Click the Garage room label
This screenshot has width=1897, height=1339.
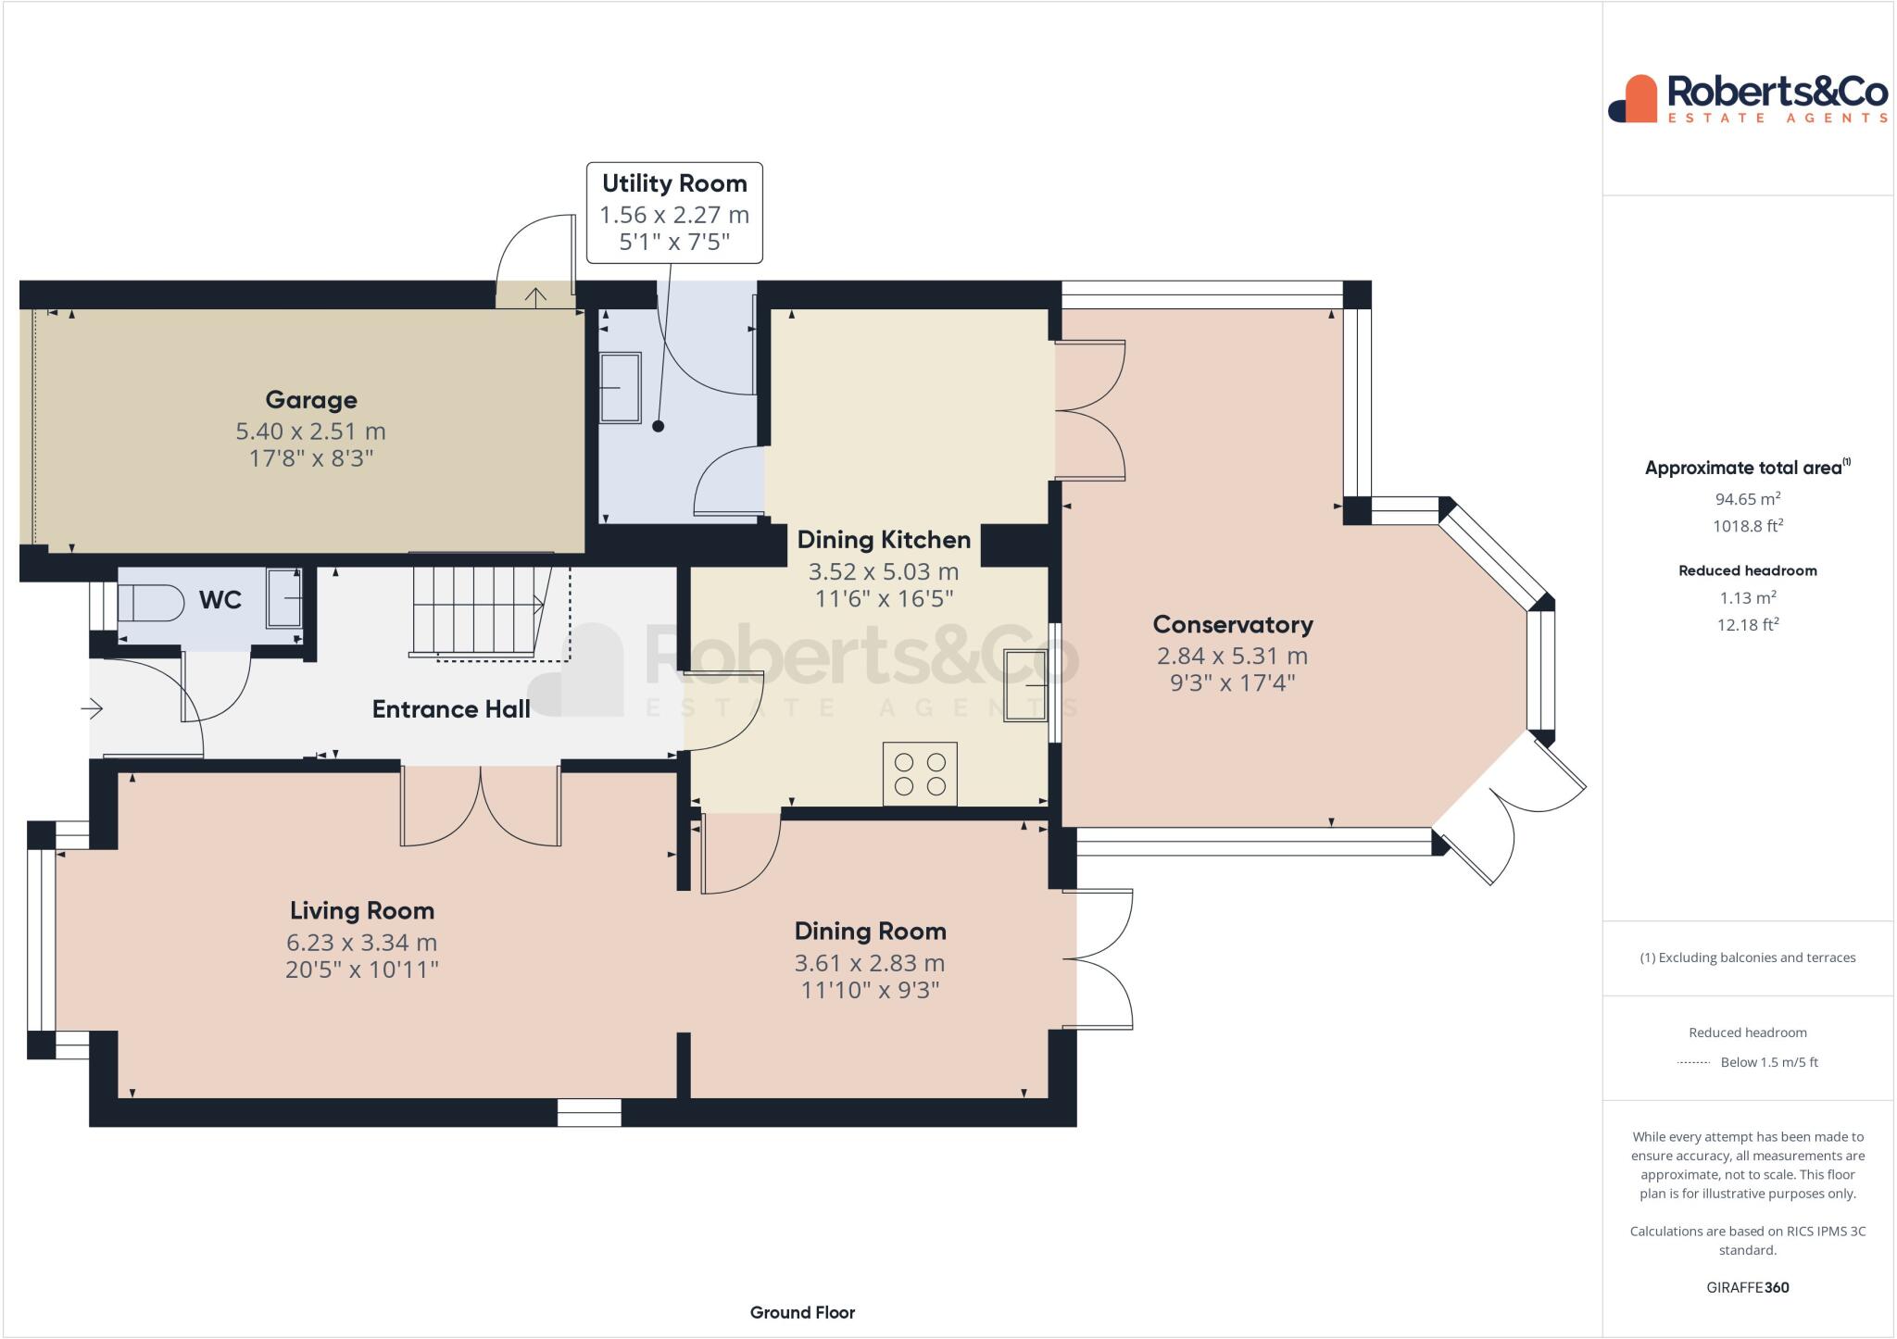pyautogui.click(x=311, y=400)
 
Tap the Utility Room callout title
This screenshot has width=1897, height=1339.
pyautogui.click(x=674, y=183)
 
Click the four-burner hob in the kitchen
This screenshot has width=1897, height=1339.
pyautogui.click(x=920, y=774)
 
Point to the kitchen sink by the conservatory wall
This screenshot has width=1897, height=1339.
pyautogui.click(x=1025, y=685)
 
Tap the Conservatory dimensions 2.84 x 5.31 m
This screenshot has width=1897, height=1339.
pyautogui.click(x=1232, y=656)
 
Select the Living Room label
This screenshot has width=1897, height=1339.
pyautogui.click(x=362, y=911)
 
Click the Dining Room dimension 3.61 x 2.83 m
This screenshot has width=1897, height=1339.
pyautogui.click(x=870, y=963)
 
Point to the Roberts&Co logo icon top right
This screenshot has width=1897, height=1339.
pyautogui.click(x=1633, y=98)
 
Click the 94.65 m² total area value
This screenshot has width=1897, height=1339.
pyautogui.click(x=1748, y=498)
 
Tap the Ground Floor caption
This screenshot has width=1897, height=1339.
pyautogui.click(x=802, y=1312)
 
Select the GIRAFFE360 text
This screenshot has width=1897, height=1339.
pyautogui.click(x=1748, y=1287)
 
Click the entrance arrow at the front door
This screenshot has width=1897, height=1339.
pyautogui.click(x=92, y=709)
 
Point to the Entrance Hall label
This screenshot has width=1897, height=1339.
pyautogui.click(x=451, y=709)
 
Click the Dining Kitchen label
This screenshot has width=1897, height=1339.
pyautogui.click(x=884, y=540)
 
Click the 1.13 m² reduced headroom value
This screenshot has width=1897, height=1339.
pyautogui.click(x=1748, y=597)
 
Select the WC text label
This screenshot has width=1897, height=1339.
pyautogui.click(x=220, y=600)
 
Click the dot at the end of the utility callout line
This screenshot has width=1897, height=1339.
pyautogui.click(x=659, y=427)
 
